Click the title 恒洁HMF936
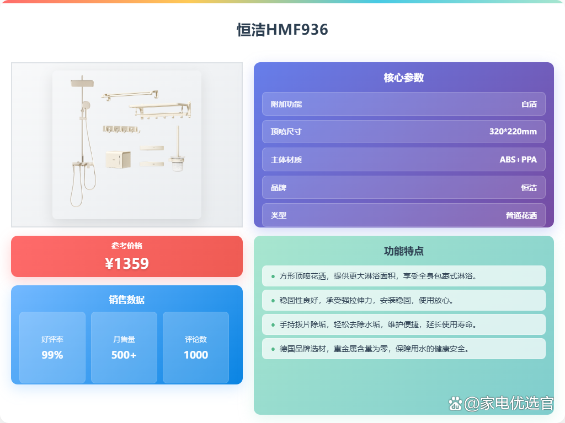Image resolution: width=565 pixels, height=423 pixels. point(282,30)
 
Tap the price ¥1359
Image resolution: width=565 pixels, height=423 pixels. point(127,263)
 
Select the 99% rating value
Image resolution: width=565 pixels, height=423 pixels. point(52,355)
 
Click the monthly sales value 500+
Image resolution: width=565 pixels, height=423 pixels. point(124,355)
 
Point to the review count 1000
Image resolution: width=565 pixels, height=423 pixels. point(196,355)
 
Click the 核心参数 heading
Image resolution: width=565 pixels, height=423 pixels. point(403,77)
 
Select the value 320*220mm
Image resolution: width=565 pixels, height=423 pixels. point(513,132)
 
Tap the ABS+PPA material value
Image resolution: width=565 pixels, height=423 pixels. point(518,159)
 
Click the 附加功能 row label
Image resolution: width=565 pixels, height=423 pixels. point(286,104)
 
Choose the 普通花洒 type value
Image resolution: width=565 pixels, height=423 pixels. point(521,215)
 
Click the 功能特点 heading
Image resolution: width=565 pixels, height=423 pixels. point(403,251)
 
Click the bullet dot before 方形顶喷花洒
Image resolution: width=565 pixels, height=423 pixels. point(273,276)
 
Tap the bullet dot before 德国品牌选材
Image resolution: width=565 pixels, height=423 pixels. point(273,349)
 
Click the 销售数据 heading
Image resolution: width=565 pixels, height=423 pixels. point(127,300)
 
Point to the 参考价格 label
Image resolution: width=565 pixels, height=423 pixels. point(127,246)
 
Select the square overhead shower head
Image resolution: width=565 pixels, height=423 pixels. point(82,84)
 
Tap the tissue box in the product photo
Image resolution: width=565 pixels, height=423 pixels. point(118,159)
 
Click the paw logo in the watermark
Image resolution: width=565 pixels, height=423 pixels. point(455,404)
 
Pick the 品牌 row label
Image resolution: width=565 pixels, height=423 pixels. point(278,188)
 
